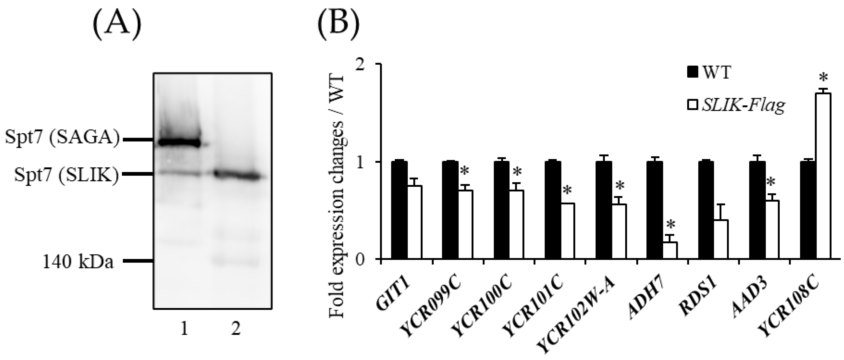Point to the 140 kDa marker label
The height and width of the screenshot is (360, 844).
pos(79,262)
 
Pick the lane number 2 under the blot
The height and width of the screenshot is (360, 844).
pos(236,329)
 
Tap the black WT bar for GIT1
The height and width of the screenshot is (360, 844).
pos(399,210)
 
